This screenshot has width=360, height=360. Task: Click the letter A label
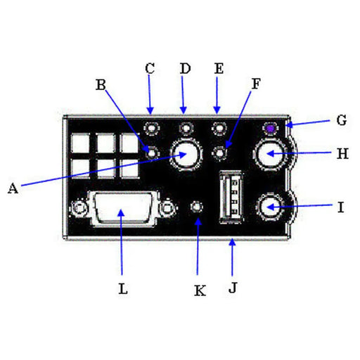point(11,188)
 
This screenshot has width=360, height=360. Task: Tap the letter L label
point(122,288)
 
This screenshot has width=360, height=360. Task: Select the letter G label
point(341,120)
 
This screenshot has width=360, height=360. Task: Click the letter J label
point(232,288)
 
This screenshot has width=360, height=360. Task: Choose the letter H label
point(342,154)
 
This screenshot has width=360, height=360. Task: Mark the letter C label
point(149,68)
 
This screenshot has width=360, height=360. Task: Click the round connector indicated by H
point(271,154)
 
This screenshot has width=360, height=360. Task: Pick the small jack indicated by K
point(199,208)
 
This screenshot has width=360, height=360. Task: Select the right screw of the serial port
point(166,209)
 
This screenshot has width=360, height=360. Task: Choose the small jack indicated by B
point(150,150)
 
